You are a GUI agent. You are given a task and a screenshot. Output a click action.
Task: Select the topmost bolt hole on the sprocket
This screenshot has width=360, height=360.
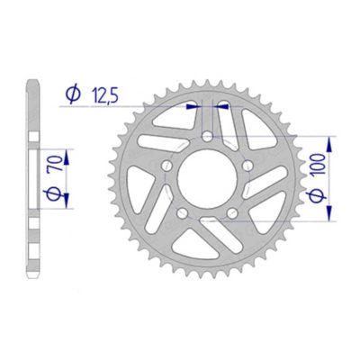(209, 138)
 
